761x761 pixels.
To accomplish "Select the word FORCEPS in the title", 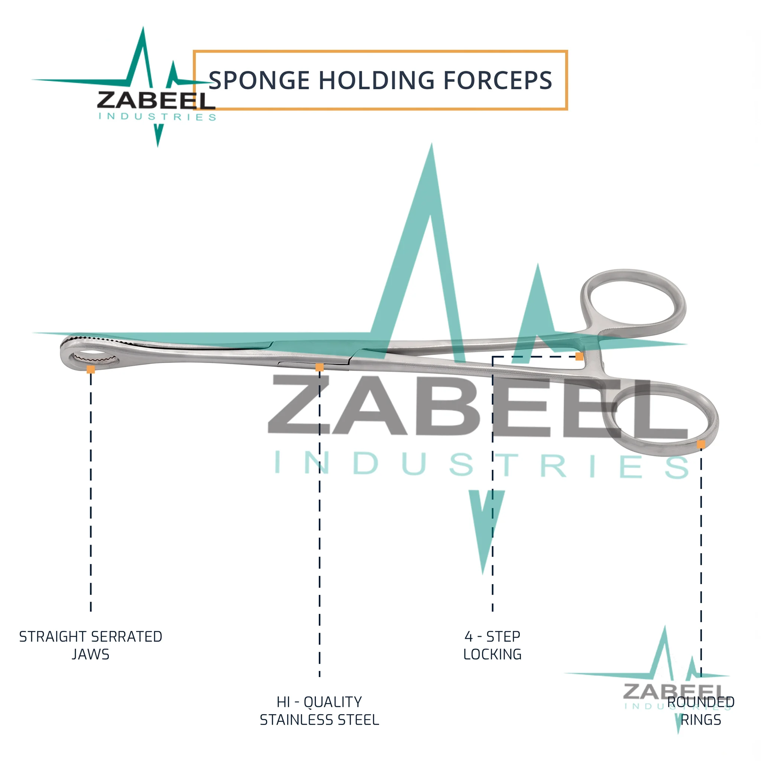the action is [498, 80].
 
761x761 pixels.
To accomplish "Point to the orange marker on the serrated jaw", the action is [91, 369].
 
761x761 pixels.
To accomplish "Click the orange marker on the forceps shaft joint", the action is [320, 367].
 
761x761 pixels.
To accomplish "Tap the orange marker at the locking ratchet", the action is [579, 356].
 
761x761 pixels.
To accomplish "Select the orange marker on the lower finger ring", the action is [701, 444].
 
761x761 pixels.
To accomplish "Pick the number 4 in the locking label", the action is [469, 636].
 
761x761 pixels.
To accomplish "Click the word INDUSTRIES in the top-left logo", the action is [157, 117].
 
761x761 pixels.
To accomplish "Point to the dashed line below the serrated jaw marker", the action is [91, 492].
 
